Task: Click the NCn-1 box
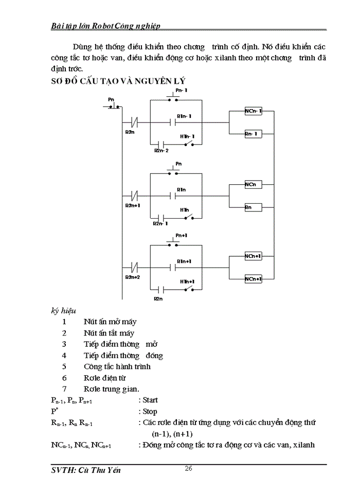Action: (x=253, y=111)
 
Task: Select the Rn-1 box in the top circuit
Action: (x=253, y=134)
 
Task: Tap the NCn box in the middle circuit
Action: (x=253, y=184)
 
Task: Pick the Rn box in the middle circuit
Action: (x=253, y=207)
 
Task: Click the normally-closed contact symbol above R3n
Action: (x=135, y=123)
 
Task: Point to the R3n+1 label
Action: (x=132, y=205)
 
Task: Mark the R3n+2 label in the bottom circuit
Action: (x=132, y=277)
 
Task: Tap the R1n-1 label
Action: (x=184, y=116)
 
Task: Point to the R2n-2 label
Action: (x=161, y=151)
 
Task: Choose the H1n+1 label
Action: (x=187, y=281)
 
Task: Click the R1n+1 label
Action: (x=184, y=261)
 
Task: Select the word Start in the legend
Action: (x=150, y=400)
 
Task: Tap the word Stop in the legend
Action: (x=150, y=412)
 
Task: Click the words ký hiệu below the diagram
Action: (x=64, y=311)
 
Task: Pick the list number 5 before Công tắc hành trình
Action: (x=64, y=366)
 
